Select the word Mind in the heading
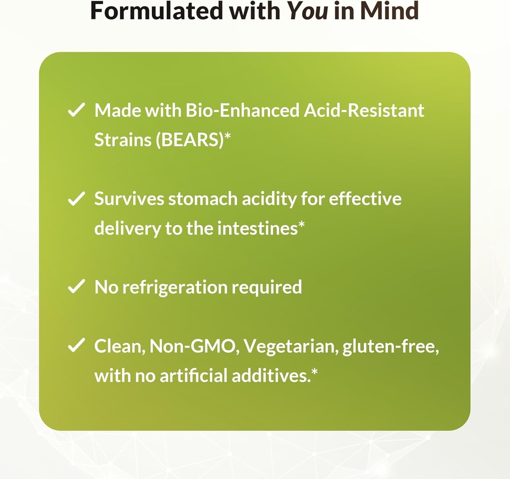390,11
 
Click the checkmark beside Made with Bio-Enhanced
76,111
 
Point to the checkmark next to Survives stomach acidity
76,200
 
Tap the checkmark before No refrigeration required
76,288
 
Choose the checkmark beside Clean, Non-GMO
76,346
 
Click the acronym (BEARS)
189,140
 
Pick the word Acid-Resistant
364,111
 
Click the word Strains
123,140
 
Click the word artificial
194,376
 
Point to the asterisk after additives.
314,373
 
